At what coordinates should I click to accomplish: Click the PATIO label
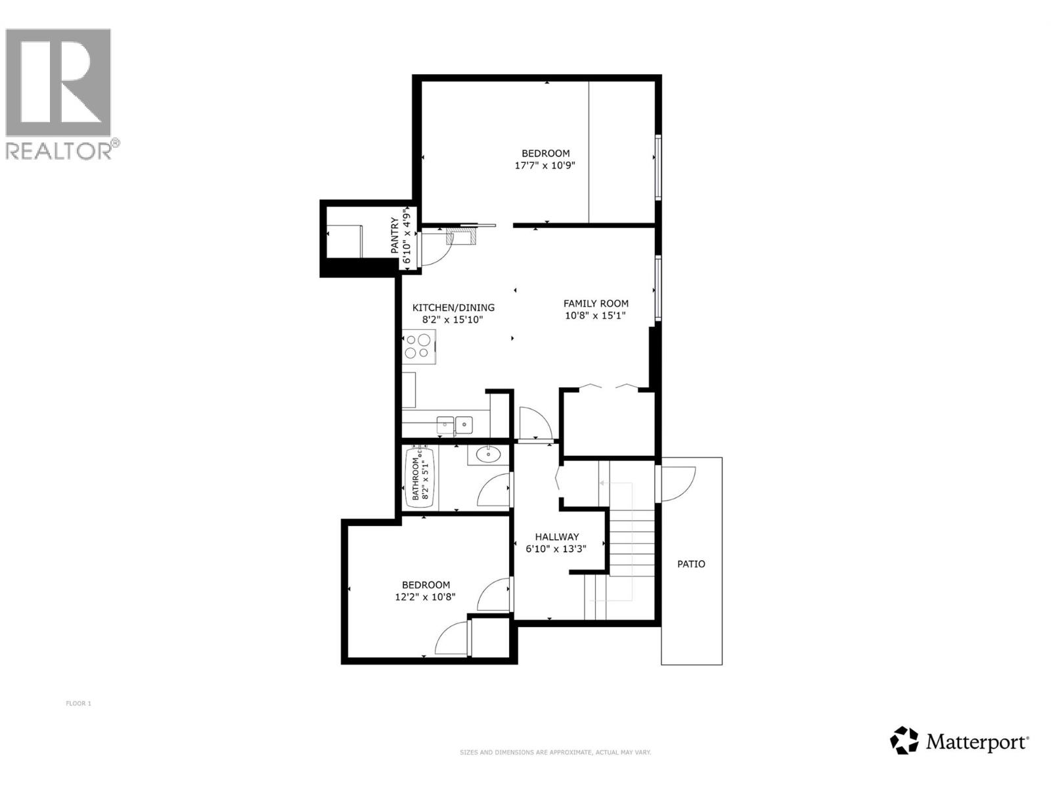pyautogui.click(x=691, y=564)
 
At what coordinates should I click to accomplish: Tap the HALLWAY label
pyautogui.click(x=556, y=536)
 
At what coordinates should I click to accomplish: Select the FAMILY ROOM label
pyautogui.click(x=596, y=303)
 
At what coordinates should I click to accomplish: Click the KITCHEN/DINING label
pyautogui.click(x=453, y=307)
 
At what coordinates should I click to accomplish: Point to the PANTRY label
pyautogui.click(x=395, y=236)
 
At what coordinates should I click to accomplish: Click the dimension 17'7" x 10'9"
pyautogui.click(x=545, y=165)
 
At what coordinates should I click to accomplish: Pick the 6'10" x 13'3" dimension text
pyautogui.click(x=556, y=548)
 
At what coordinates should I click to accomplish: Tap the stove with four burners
pyautogui.click(x=418, y=347)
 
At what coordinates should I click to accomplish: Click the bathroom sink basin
pyautogui.click(x=488, y=453)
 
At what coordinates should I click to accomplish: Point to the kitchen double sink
pyautogui.click(x=455, y=424)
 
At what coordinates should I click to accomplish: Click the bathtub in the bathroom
pyautogui.click(x=420, y=477)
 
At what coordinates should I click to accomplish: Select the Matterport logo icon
pyautogui.click(x=904, y=740)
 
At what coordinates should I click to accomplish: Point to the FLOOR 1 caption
pyautogui.click(x=78, y=704)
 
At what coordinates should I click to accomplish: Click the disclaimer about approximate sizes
pyautogui.click(x=555, y=753)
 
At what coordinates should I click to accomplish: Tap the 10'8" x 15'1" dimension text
pyautogui.click(x=596, y=315)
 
